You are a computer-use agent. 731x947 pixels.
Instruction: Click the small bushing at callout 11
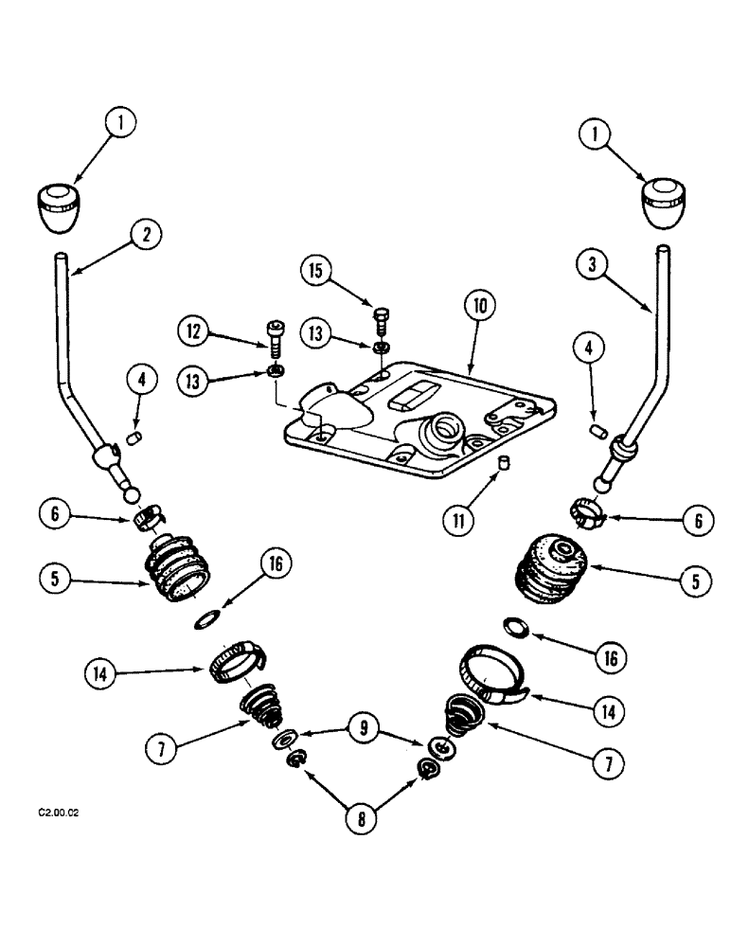pos(505,461)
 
